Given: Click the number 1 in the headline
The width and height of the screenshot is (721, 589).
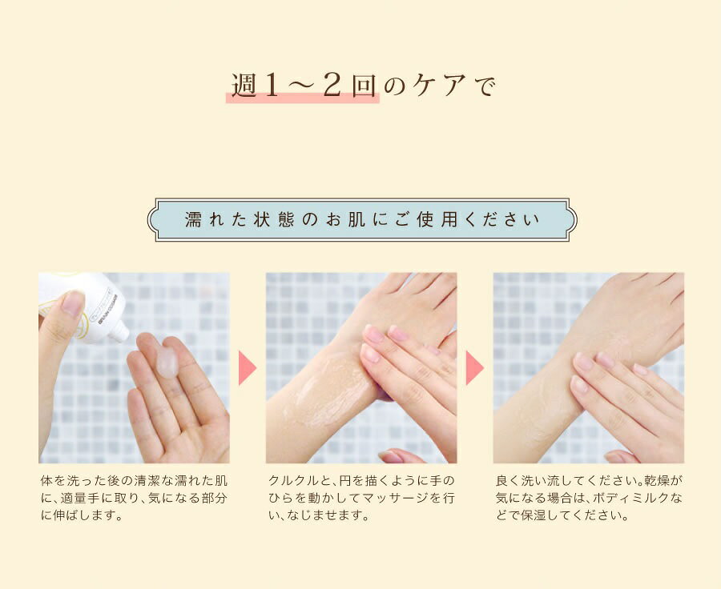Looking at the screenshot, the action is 272,86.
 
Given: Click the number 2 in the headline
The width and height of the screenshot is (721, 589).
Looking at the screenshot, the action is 332,85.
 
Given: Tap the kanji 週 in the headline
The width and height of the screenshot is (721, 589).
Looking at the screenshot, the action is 244,86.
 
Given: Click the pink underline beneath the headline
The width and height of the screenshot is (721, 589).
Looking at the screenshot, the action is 303,98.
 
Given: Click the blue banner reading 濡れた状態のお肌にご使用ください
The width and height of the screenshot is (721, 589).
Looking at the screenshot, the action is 362,219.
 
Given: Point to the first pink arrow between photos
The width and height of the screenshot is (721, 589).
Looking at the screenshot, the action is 247,367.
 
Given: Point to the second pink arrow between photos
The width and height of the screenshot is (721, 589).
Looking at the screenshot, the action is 474,367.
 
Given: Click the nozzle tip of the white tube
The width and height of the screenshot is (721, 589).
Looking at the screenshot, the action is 123,332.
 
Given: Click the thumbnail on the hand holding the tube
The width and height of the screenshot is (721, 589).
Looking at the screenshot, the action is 73,303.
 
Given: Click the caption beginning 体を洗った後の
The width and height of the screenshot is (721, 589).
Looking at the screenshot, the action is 134,498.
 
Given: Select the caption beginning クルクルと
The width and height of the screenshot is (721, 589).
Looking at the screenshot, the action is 361,498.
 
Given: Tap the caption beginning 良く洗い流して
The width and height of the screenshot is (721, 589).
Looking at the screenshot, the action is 589,498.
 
